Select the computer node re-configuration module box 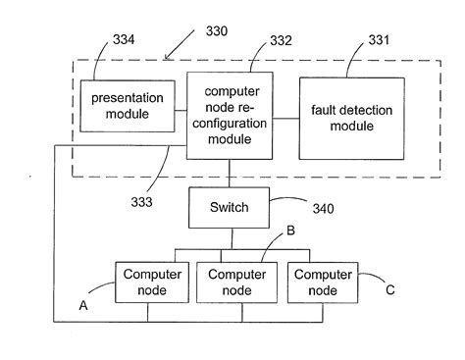pyautogui.click(x=229, y=115)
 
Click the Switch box pyautogui.click(x=230, y=207)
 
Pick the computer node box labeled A pyautogui.click(x=147, y=283)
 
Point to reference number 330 pyautogui.click(x=217, y=31)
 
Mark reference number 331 pyautogui.click(x=378, y=40)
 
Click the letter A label pyautogui.click(x=83, y=305)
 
